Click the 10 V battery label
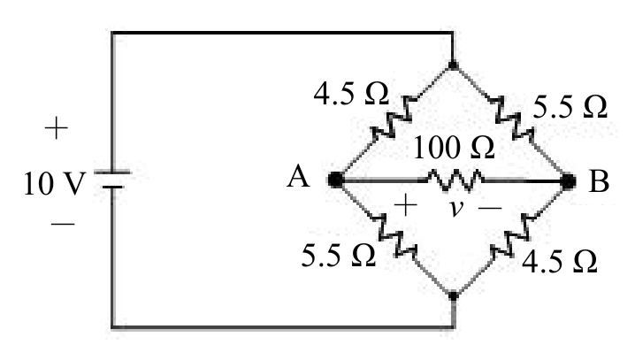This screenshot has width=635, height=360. pyautogui.click(x=55, y=183)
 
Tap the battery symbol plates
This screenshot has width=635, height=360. pyautogui.click(x=112, y=180)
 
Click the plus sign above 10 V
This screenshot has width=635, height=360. pyautogui.click(x=57, y=128)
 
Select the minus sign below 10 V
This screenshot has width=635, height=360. pyautogui.click(x=63, y=223)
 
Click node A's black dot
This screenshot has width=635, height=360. pyautogui.click(x=336, y=180)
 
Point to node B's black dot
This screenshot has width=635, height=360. pyautogui.click(x=568, y=181)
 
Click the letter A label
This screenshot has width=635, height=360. pyautogui.click(x=298, y=177)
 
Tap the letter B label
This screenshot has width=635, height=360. pyautogui.click(x=600, y=181)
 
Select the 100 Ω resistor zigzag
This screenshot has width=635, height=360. pyautogui.click(x=455, y=180)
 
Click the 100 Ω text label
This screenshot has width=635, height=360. pyautogui.click(x=454, y=147)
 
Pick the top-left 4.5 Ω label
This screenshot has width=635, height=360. pyautogui.click(x=351, y=94)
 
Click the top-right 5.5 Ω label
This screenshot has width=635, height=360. pyautogui.click(x=570, y=107)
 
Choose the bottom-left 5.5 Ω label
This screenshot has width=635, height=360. pyautogui.click(x=338, y=256)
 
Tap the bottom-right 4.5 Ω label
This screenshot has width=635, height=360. pyautogui.click(x=559, y=261)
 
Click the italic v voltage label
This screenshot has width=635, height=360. pyautogui.click(x=456, y=208)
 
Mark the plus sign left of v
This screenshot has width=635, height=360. pyautogui.click(x=405, y=205)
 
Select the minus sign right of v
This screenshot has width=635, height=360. pyautogui.click(x=490, y=208)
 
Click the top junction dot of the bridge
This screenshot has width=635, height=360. pyautogui.click(x=453, y=65)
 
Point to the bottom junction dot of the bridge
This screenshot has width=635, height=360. pyautogui.click(x=453, y=295)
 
